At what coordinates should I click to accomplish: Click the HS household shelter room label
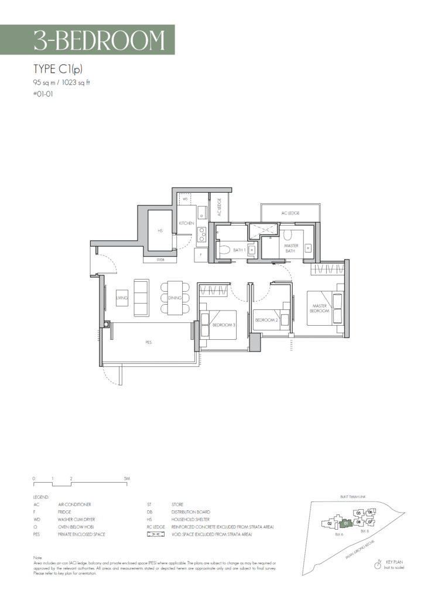pos(159,231)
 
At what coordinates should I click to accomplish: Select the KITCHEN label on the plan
pos(186,223)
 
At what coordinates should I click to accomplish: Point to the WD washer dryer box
pos(185,199)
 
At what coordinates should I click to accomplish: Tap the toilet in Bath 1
pos(223,250)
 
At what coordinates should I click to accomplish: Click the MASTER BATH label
pos(291,248)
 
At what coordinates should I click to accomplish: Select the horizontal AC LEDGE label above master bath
pos(290,213)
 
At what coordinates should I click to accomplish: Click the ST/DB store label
pos(160,260)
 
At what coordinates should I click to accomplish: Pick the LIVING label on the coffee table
pos(122,298)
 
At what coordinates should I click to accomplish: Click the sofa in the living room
pos(141,298)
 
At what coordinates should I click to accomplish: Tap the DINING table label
pos(175,298)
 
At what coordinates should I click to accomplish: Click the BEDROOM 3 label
pos(224,325)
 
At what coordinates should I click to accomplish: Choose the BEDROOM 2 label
pos(266,320)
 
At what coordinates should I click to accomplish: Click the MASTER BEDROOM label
pos(319,308)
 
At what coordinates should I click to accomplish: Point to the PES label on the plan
pos(149,342)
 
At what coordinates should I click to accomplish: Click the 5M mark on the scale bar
pos(127,479)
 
